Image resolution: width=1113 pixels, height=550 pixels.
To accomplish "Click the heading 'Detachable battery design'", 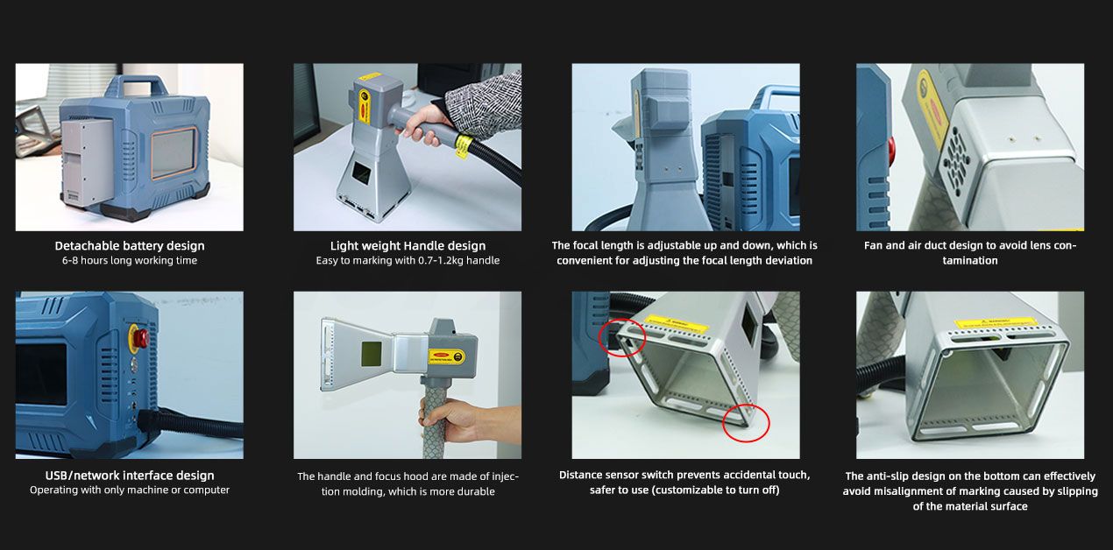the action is click(130, 246).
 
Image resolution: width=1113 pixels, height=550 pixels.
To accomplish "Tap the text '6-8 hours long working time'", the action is click(130, 261).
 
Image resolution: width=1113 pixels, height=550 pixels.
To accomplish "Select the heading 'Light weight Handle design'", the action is click(408, 246).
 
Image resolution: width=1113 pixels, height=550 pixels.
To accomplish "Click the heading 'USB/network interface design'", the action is click(130, 476).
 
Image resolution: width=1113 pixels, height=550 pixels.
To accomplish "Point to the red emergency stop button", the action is click(139, 336).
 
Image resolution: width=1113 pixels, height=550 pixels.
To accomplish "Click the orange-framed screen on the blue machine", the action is click(174, 153).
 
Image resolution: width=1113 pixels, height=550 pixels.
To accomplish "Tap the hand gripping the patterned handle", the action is click(447, 420).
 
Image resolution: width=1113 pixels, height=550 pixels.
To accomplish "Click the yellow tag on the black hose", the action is click(464, 145).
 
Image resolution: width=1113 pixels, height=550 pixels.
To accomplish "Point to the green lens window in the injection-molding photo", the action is click(371, 354).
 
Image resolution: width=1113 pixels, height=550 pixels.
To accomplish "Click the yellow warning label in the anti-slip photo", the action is click(996, 322).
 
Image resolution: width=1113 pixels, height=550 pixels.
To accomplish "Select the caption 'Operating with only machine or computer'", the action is click(130, 490).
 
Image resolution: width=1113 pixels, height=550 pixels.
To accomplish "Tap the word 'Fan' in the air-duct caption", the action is click(873, 246).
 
